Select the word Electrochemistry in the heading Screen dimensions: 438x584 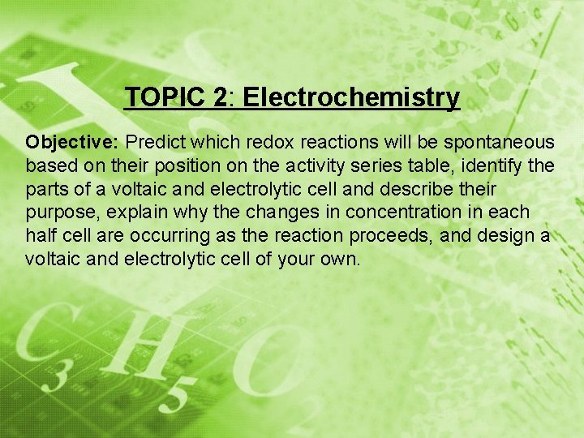(351, 98)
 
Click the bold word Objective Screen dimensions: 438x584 (72, 143)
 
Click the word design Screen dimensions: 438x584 (509, 236)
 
